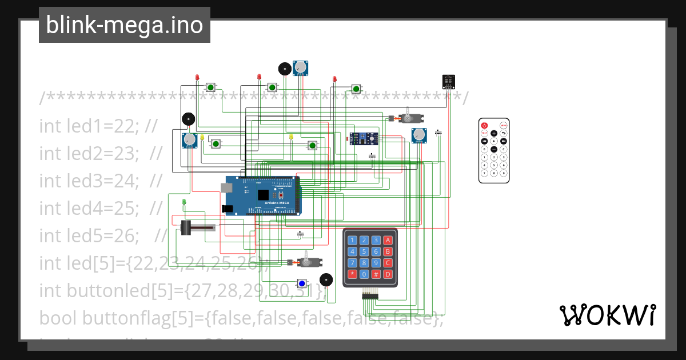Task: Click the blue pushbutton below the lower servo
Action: pos(302,283)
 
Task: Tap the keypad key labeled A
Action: pos(388,240)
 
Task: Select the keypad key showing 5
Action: pos(364,251)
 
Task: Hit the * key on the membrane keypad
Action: pos(352,274)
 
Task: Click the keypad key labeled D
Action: pos(388,274)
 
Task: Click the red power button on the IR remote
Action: pos(484,125)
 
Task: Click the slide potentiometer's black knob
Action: pos(186,227)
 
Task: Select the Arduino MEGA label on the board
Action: pos(276,202)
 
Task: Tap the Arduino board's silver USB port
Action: pos(226,187)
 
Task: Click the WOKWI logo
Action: pos(607,315)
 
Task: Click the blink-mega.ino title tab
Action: pos(124,25)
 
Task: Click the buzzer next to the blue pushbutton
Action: pos(325,280)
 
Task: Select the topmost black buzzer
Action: pos(284,69)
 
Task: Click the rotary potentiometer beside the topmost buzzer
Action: pos(300,69)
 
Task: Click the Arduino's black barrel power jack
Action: pos(228,209)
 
